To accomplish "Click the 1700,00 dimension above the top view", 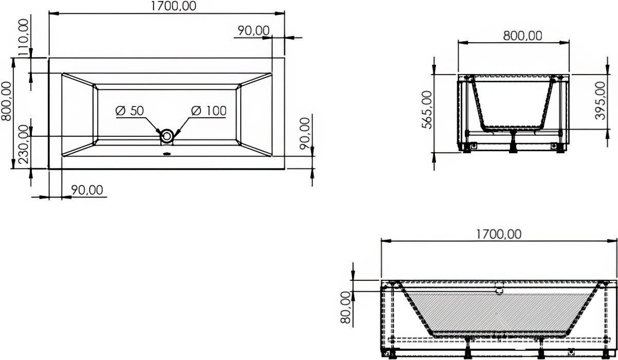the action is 173,6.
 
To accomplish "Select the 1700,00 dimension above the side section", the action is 499,235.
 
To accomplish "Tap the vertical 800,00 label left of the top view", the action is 6,101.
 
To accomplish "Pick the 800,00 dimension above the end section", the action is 522,36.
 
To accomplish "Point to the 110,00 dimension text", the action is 24,37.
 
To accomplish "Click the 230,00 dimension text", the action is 24,144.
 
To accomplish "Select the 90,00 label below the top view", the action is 87,190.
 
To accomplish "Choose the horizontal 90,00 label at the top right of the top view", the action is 253,31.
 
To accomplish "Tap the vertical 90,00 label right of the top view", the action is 305,134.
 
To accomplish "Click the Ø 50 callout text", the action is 130,111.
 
